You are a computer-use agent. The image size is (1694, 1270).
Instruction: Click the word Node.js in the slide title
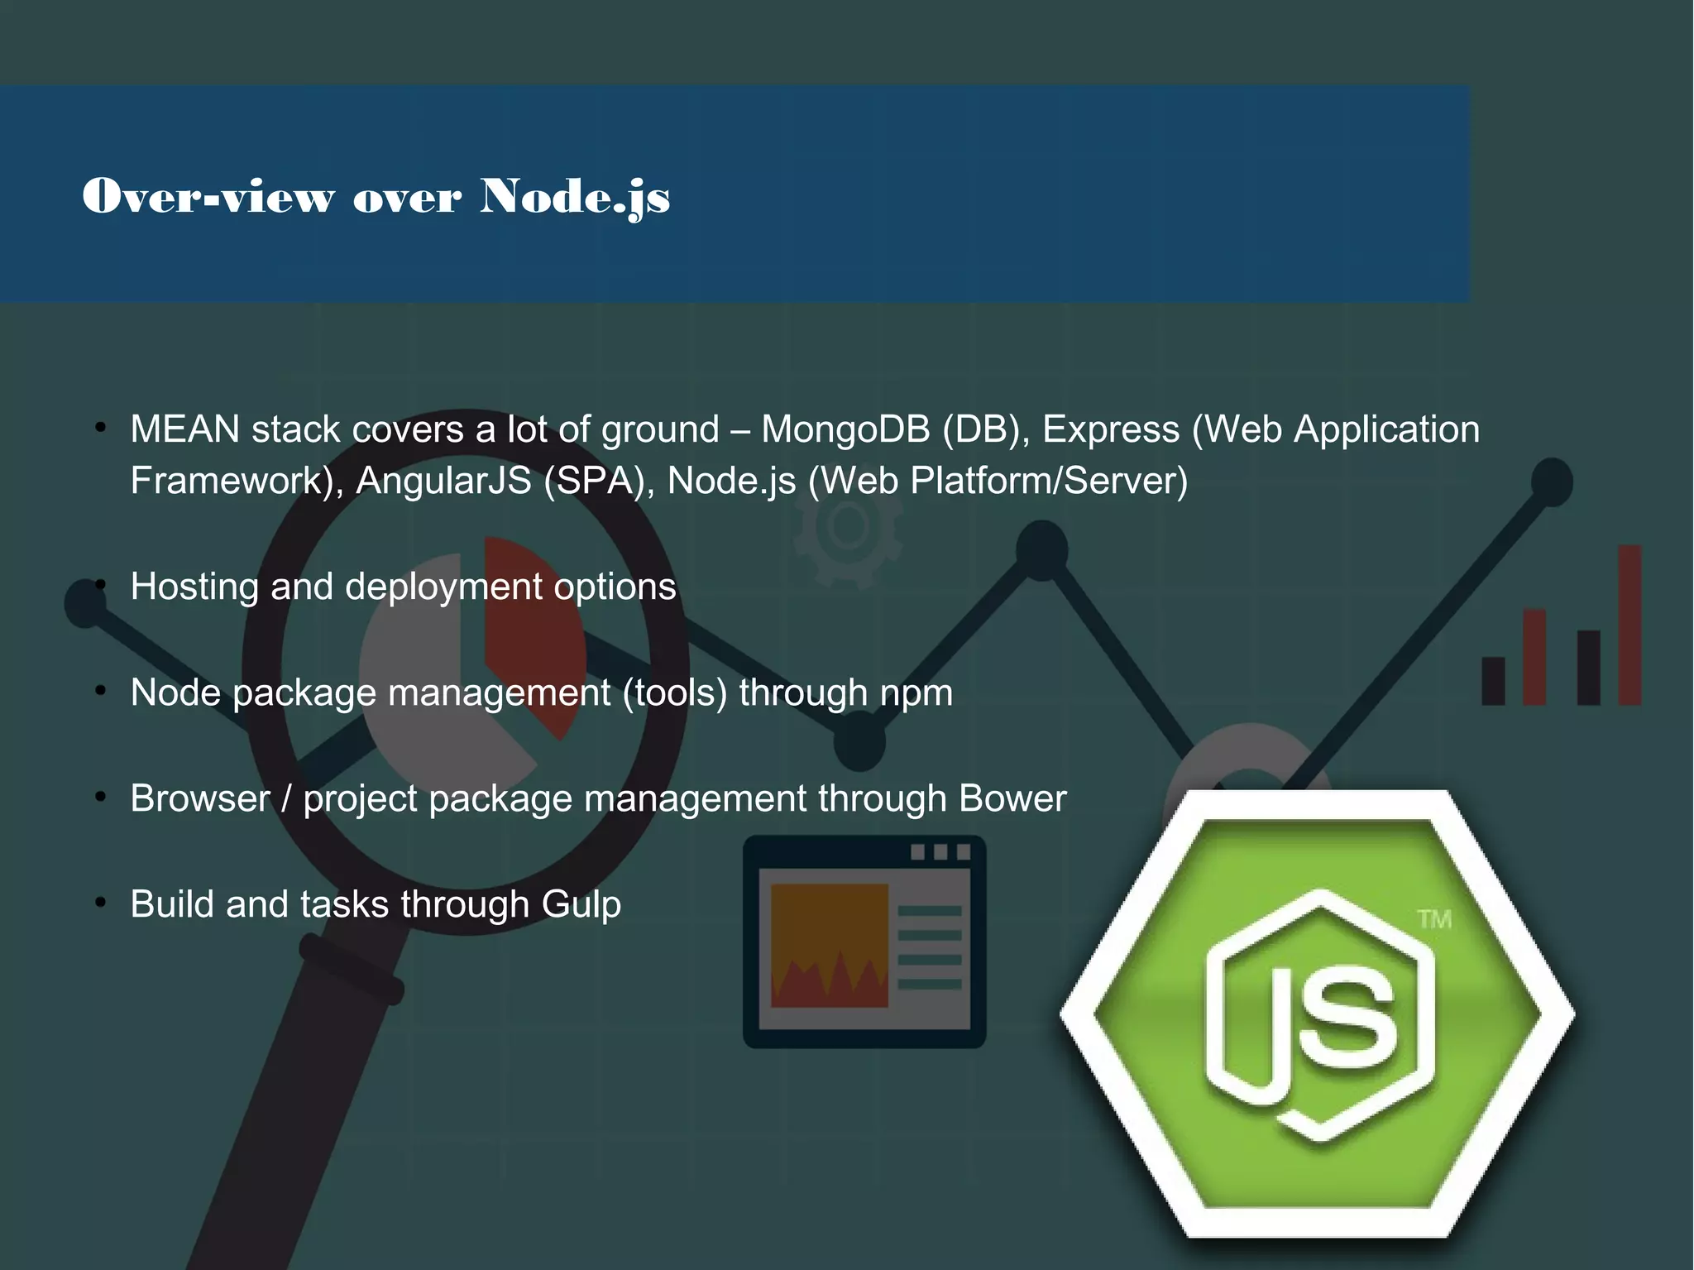pos(575,197)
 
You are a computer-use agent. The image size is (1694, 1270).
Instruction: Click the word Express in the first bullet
pos(1110,429)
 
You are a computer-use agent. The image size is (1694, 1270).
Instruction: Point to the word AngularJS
pos(443,481)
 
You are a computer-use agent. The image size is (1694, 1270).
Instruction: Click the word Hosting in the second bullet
pos(194,587)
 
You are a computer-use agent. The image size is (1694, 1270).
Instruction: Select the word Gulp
pos(581,904)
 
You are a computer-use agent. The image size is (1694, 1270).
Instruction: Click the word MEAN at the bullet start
pos(184,429)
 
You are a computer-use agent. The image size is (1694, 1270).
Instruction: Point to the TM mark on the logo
pos(1434,919)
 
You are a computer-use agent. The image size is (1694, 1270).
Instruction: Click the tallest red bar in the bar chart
pos(1629,625)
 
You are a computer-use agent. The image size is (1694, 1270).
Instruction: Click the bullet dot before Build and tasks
pos(100,902)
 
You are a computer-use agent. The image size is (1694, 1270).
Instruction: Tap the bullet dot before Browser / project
pos(100,796)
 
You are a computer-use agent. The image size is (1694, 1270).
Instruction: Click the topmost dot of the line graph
pos(1551,482)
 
